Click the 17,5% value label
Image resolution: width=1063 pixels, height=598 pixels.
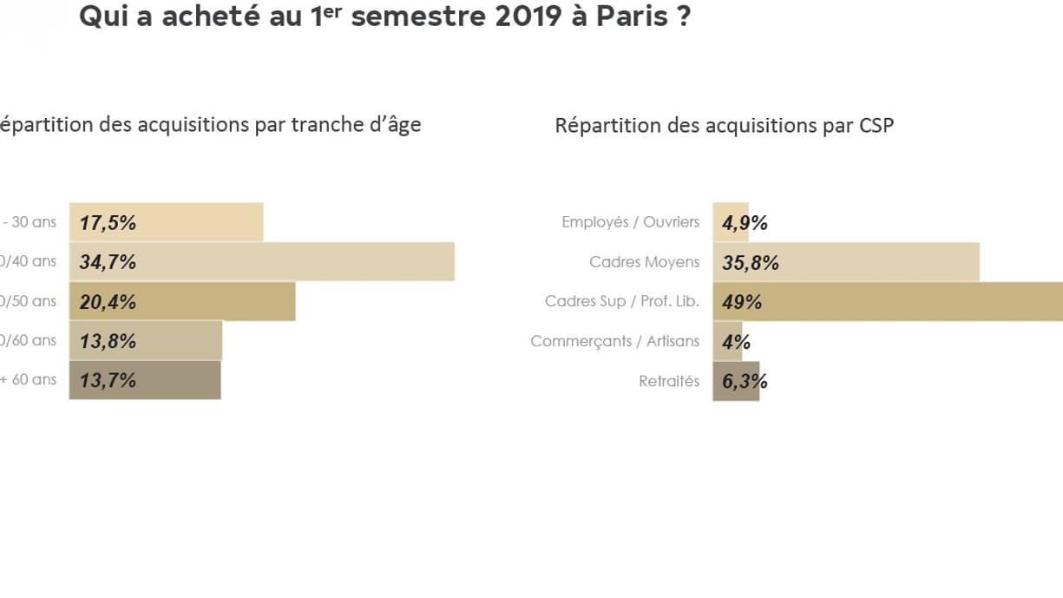(108, 223)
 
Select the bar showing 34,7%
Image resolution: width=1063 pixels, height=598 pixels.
(261, 262)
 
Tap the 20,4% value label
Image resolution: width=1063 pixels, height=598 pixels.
(108, 302)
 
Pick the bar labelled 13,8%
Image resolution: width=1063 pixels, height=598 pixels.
(146, 341)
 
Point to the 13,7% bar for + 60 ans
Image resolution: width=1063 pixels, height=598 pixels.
(145, 380)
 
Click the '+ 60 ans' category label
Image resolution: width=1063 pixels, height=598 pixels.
(29, 379)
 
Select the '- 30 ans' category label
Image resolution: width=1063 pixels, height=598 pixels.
(30, 222)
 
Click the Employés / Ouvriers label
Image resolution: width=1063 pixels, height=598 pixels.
(630, 222)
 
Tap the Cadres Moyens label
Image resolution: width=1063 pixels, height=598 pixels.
(644, 262)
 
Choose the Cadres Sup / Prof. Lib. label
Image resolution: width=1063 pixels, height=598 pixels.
(621, 302)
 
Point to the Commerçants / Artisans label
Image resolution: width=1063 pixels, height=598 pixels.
(614, 341)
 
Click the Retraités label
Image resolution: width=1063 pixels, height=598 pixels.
(668, 381)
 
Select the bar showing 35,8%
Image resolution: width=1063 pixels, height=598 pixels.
(846, 262)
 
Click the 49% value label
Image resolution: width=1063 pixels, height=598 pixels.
(742, 302)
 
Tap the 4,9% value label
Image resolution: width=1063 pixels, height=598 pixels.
(745, 223)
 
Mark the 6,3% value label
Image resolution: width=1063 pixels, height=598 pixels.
(745, 381)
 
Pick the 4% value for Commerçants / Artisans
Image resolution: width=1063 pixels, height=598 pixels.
(736, 342)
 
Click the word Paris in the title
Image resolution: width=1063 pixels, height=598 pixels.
(629, 17)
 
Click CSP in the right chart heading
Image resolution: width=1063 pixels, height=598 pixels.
(876, 125)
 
